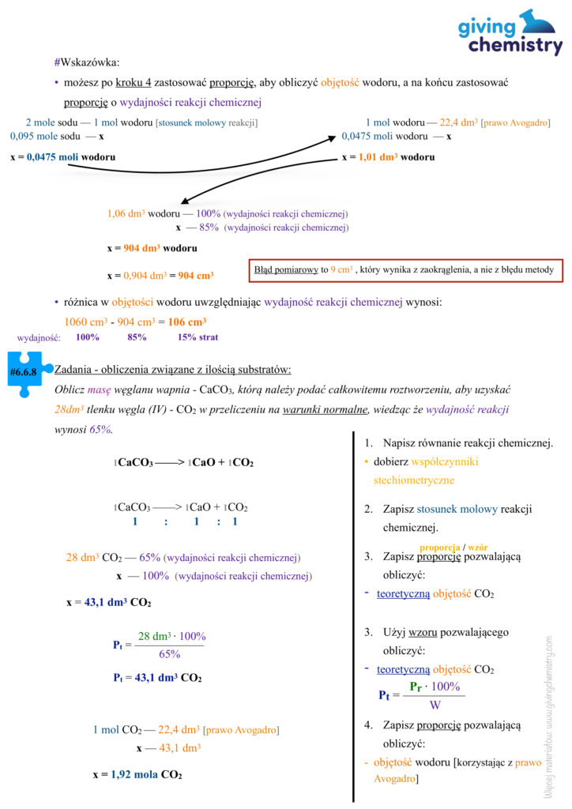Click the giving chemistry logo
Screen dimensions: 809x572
pyautogui.click(x=510, y=32)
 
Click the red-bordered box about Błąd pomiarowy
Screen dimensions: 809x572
pyautogui.click(x=405, y=270)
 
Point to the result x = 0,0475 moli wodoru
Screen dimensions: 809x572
pyautogui.click(x=63, y=157)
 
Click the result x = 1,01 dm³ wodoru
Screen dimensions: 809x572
pyautogui.click(x=388, y=157)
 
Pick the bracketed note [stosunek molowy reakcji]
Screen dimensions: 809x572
pyautogui.click(x=207, y=122)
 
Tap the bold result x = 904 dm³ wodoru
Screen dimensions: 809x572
pyautogui.click(x=152, y=248)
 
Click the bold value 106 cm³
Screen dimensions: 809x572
pyautogui.click(x=187, y=322)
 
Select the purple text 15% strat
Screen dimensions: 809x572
pyautogui.click(x=198, y=337)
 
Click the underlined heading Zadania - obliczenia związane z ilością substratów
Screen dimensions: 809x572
pyautogui.click(x=172, y=369)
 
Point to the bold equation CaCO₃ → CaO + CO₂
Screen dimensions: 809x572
pyautogui.click(x=184, y=462)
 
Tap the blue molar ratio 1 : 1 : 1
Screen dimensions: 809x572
pyautogui.click(x=185, y=522)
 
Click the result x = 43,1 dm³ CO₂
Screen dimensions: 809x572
pyautogui.click(x=108, y=603)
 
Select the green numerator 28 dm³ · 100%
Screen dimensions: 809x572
pyautogui.click(x=171, y=636)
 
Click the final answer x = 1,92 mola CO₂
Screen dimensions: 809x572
pyautogui.click(x=137, y=774)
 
